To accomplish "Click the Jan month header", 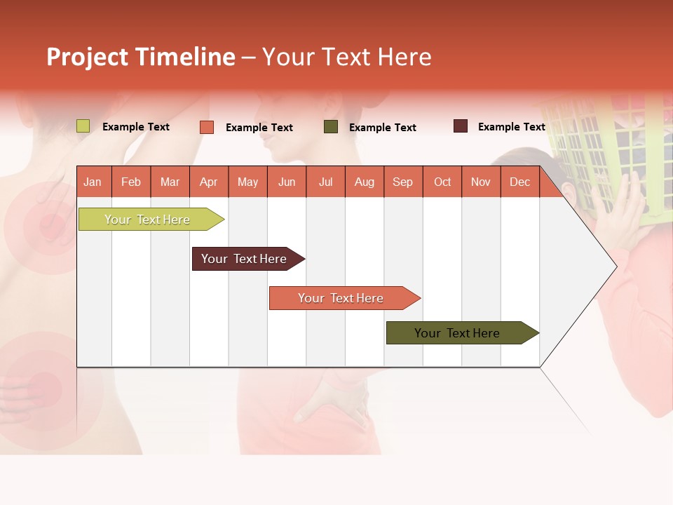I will (93, 182).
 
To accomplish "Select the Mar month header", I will (170, 182).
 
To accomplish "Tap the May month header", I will (247, 182).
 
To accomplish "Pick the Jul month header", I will (325, 182).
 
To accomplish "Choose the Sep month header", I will (402, 182).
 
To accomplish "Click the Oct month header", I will (442, 182).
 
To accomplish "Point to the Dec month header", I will (519, 182).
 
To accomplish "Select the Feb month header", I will (131, 182).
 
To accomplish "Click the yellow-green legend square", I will (83, 126).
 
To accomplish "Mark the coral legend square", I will (206, 127).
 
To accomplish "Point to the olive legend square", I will (330, 127).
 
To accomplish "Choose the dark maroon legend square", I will (460, 126).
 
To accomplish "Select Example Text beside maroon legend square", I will (511, 127).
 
